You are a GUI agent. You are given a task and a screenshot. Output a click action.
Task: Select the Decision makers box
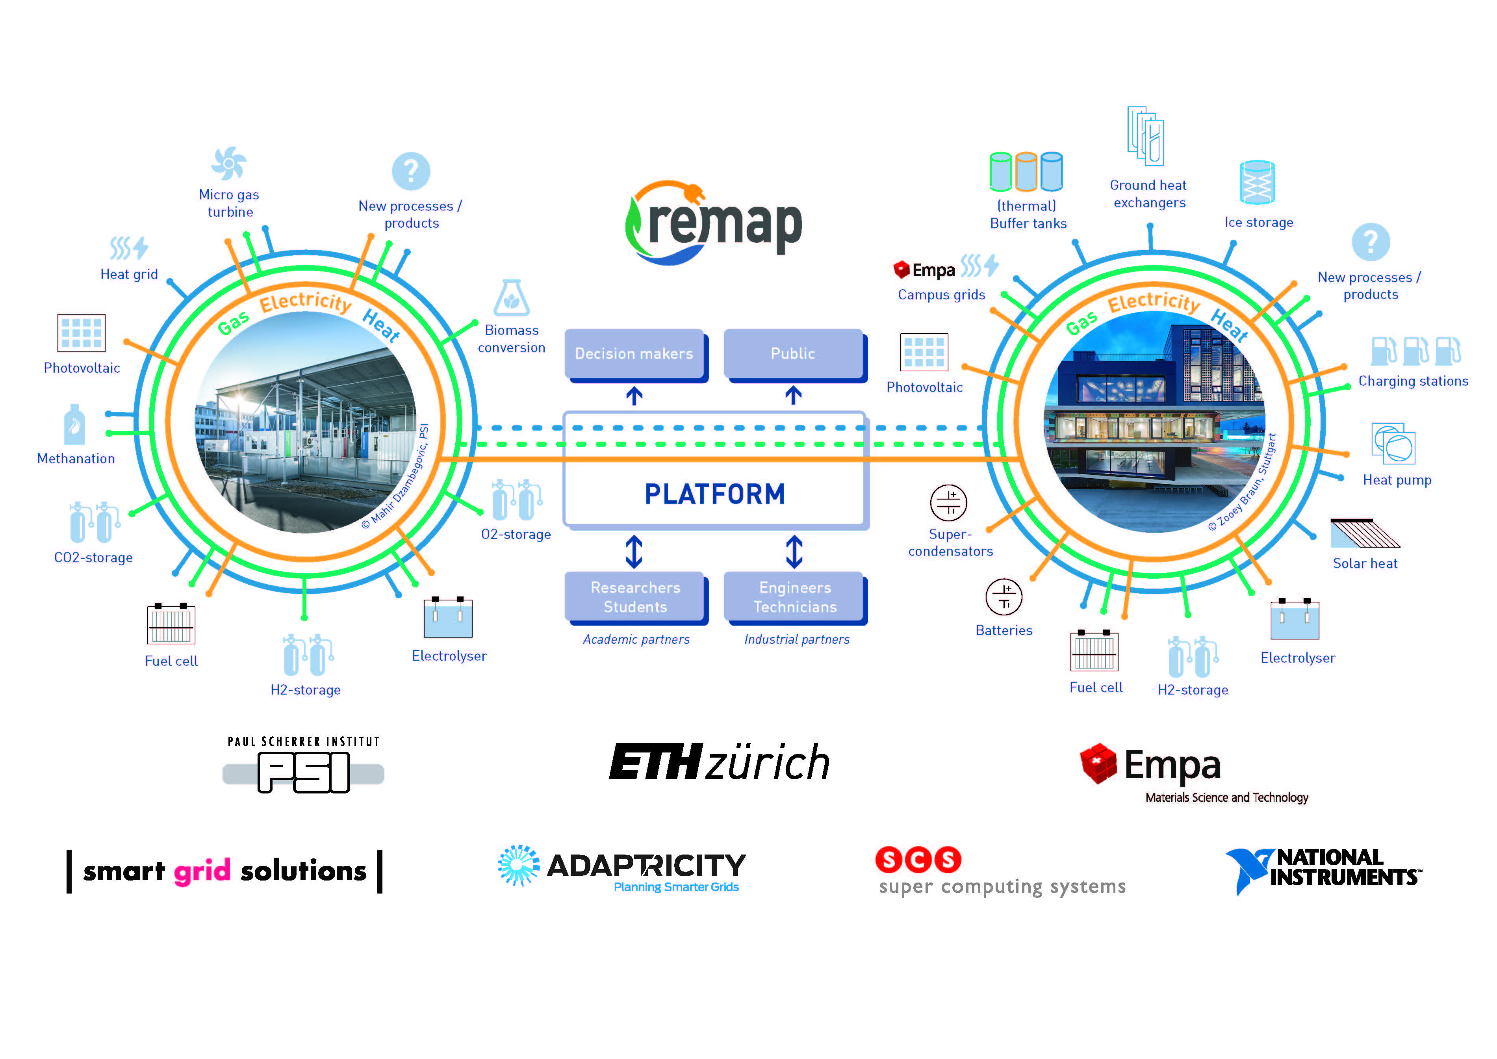(634, 353)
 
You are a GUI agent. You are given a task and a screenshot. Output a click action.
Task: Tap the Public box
(793, 353)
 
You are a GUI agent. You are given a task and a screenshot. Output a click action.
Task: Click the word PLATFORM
(714, 494)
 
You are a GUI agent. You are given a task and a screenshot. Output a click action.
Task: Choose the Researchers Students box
(635, 596)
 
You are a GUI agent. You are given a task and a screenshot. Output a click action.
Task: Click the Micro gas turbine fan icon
(229, 163)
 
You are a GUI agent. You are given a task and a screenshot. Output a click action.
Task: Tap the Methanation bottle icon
(75, 425)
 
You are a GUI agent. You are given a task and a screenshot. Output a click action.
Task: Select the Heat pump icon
(1393, 444)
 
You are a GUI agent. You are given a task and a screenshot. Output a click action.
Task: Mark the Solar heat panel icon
(1364, 533)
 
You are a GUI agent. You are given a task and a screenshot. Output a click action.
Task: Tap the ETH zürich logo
(719, 762)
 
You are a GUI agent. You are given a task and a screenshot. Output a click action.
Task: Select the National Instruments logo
(1324, 869)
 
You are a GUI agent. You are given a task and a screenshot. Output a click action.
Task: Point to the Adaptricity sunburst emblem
(518, 865)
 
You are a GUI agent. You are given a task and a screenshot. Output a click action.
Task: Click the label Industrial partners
(797, 639)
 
